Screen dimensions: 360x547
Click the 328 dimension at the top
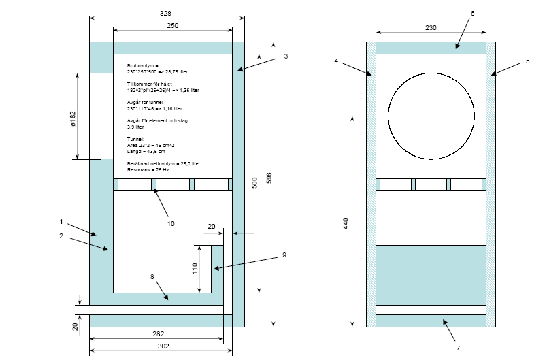[166, 13]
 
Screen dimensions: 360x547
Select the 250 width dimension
[172, 25]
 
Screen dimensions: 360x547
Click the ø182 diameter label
[72, 117]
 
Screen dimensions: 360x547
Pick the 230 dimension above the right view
[431, 27]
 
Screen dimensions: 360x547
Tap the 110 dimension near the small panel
[194, 267]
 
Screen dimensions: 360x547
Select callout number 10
[171, 223]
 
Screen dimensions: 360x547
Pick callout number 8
[152, 276]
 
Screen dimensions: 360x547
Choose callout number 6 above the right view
[472, 13]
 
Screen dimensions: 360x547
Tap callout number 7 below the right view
[458, 348]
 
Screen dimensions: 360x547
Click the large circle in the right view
[431, 117]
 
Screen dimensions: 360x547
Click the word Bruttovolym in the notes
[142, 65]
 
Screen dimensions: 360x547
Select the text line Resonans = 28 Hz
[148, 169]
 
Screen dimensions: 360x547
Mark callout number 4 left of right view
[336, 61]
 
